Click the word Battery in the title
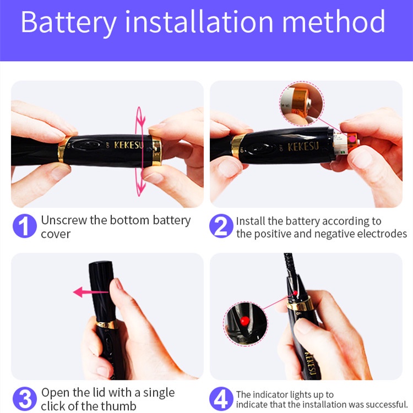[x=69, y=23]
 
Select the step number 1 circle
[x=24, y=226]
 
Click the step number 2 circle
[x=221, y=226]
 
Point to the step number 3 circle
[x=24, y=399]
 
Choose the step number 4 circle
[x=221, y=399]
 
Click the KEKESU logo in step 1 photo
[x=128, y=145]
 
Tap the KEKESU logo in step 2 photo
[x=303, y=146]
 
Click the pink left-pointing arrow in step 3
[x=90, y=292]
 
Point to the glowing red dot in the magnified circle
[x=244, y=320]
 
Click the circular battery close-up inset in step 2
[x=302, y=104]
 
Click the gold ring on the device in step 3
[x=107, y=324]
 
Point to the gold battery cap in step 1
[x=156, y=151]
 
